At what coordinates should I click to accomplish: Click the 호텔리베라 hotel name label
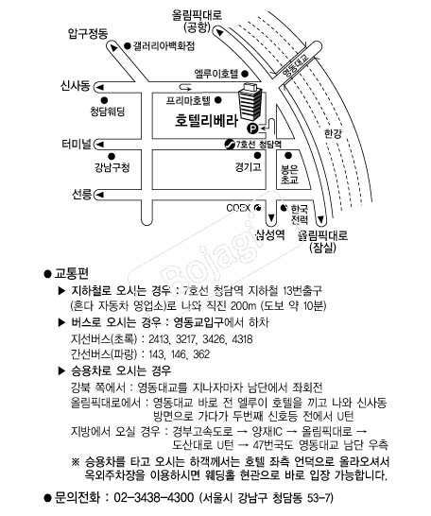point(206,120)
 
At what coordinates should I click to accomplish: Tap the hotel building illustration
point(251,102)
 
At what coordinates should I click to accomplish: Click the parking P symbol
point(252,128)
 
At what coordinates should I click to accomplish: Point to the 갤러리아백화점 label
point(164,45)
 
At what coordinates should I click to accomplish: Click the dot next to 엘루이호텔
point(245,74)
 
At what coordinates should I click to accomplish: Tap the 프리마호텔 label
point(188,100)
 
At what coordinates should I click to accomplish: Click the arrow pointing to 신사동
point(99,88)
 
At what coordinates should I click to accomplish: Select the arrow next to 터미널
point(99,145)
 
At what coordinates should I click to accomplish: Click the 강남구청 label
point(112,168)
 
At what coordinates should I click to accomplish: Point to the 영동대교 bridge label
point(296,65)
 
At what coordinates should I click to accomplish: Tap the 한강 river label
point(333,133)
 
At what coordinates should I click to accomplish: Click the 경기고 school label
point(248,167)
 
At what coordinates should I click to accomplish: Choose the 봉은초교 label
point(289,175)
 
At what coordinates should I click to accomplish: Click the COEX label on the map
point(238,208)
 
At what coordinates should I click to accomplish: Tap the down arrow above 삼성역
point(271,218)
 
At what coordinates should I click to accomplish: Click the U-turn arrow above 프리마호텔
point(185,87)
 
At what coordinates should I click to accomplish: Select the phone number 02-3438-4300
point(154,497)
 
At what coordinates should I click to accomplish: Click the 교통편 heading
point(72,273)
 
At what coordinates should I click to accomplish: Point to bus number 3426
point(215,339)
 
